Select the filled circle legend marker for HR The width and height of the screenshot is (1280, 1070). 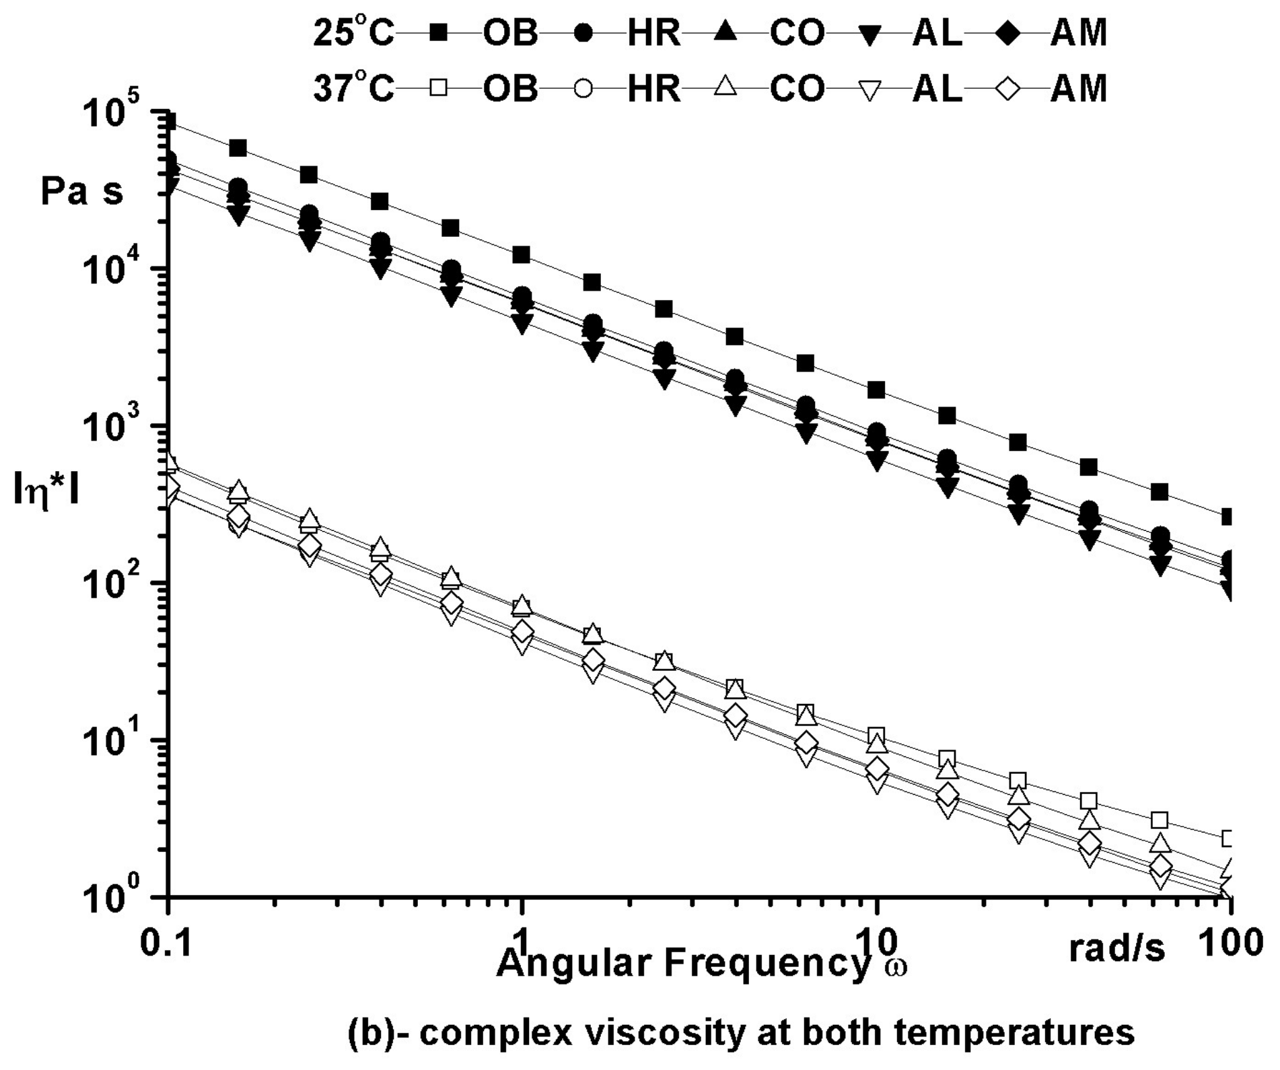point(583,33)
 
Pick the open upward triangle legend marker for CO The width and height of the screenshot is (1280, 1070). point(725,87)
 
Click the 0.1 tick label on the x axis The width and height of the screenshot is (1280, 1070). point(166,943)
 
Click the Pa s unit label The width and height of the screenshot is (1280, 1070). point(82,192)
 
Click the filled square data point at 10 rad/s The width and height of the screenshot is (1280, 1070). point(876,390)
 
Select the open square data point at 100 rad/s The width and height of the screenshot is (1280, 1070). point(1228,839)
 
